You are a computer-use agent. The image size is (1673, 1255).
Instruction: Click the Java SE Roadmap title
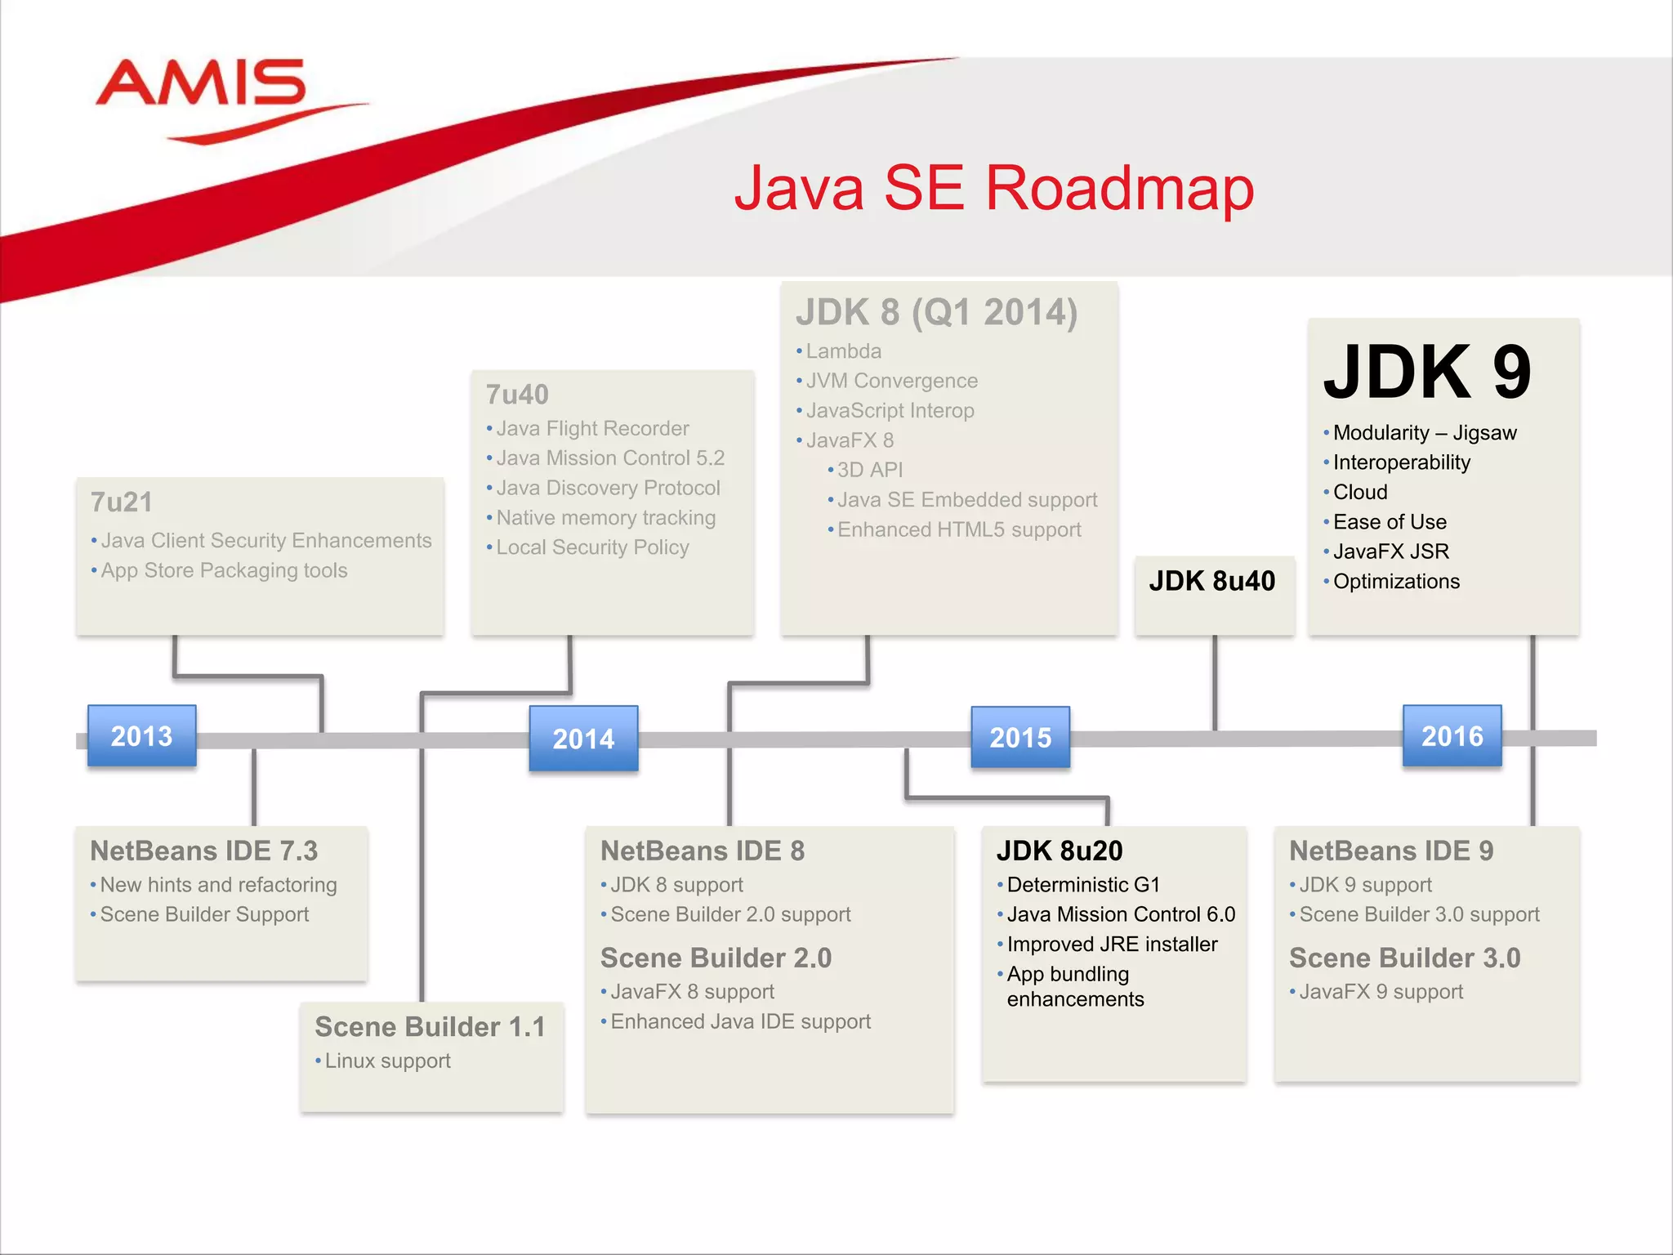click(x=993, y=188)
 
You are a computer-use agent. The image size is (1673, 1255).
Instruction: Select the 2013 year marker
click(x=142, y=736)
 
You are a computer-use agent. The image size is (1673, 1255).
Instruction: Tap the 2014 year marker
click(x=583, y=739)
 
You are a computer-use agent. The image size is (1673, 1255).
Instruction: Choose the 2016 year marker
click(x=1452, y=736)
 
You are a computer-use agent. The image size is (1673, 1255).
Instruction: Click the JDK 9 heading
click(x=1427, y=373)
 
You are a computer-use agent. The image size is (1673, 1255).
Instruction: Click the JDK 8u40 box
click(x=1212, y=582)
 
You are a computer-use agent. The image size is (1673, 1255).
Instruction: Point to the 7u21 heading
click(x=122, y=502)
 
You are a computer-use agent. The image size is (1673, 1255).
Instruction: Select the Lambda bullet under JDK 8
click(x=843, y=351)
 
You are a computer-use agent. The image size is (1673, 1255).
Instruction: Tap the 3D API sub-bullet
click(x=869, y=470)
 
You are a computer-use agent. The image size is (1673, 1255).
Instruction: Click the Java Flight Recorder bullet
click(x=592, y=428)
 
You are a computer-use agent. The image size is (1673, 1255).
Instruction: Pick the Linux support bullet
click(x=387, y=1061)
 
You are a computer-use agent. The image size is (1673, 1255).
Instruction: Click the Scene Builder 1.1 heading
click(x=430, y=1026)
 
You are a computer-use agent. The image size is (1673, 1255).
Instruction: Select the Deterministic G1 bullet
click(x=1083, y=885)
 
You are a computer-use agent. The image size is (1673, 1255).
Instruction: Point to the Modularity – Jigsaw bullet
click(x=1425, y=433)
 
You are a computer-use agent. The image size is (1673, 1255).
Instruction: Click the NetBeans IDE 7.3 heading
click(x=204, y=851)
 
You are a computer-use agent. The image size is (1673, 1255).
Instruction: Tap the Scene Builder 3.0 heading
click(x=1404, y=958)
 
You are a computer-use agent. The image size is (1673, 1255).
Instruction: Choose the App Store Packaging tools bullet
click(x=224, y=570)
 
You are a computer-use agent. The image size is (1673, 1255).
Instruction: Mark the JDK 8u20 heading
click(x=1060, y=851)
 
